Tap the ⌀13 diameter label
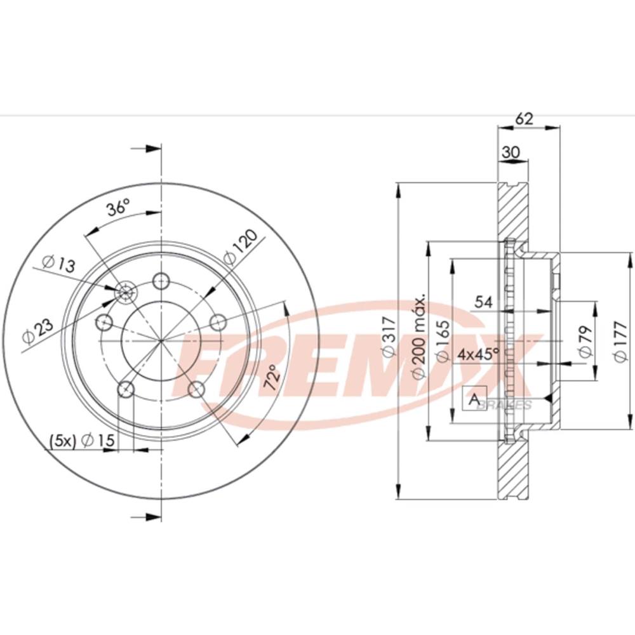tap(59, 264)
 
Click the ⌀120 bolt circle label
tap(241, 247)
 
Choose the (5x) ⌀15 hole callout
tap(82, 440)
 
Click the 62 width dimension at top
tap(524, 119)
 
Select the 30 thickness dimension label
tap(511, 152)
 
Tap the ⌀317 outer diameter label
tap(389, 337)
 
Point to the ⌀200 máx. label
tap(418, 336)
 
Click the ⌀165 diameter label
tap(442, 340)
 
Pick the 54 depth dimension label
tap(483, 302)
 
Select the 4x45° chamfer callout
tap(478, 355)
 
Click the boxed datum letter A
tap(474, 399)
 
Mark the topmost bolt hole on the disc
tap(161, 280)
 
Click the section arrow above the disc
tap(146, 149)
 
